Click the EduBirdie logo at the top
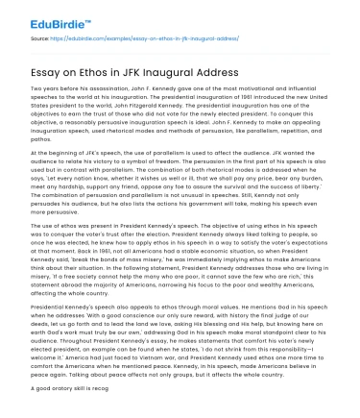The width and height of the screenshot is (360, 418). pyautogui.click(x=37, y=16)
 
